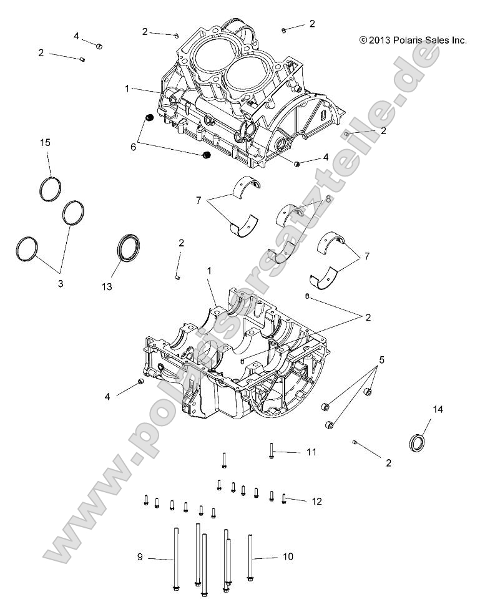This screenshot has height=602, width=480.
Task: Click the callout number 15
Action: pyautogui.click(x=46, y=143)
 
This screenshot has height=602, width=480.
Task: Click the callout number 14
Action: pyautogui.click(x=420, y=409)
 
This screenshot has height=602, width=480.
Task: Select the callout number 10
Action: pyautogui.click(x=288, y=556)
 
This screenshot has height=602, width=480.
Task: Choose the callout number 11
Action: pyautogui.click(x=311, y=452)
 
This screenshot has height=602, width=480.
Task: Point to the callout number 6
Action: pyautogui.click(x=132, y=147)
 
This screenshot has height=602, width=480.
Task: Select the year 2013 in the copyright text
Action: pyautogui.click(x=380, y=40)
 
